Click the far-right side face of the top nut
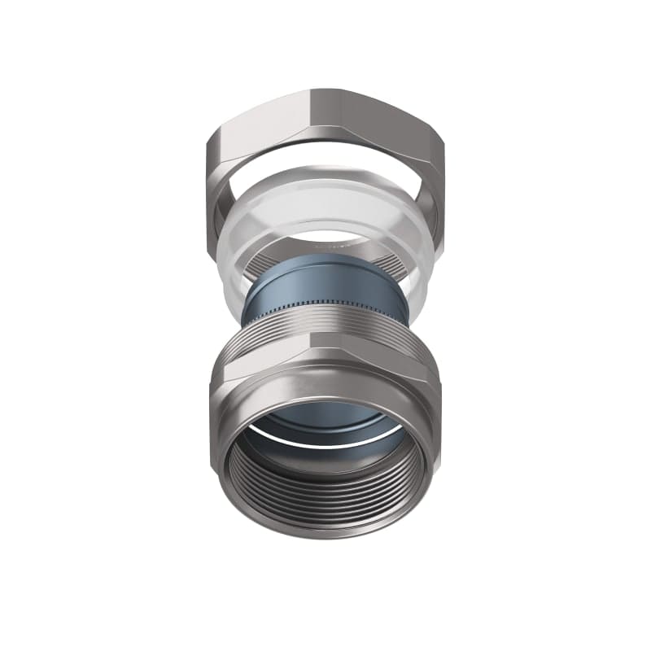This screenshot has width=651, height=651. [439, 171]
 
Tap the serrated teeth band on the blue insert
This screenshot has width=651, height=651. [325, 307]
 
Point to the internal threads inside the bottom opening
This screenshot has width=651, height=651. [325, 496]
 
